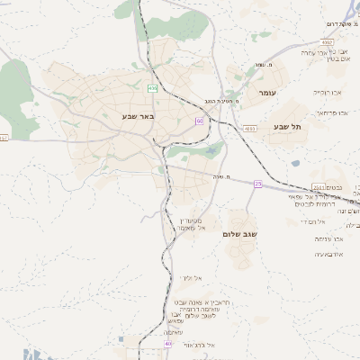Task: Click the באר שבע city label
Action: (x=139, y=116)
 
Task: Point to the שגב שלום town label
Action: (x=240, y=234)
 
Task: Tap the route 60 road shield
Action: (x=200, y=121)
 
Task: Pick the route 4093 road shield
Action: (x=249, y=129)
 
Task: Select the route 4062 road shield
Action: (x=326, y=41)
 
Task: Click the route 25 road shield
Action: (x=258, y=184)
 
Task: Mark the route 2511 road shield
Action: (x=318, y=187)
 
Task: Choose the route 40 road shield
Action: (x=167, y=344)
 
